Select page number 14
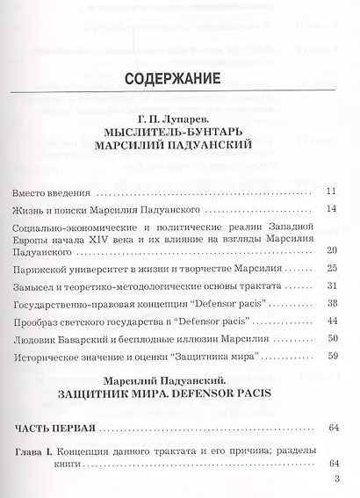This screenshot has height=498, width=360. pyautogui.click(x=330, y=209)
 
